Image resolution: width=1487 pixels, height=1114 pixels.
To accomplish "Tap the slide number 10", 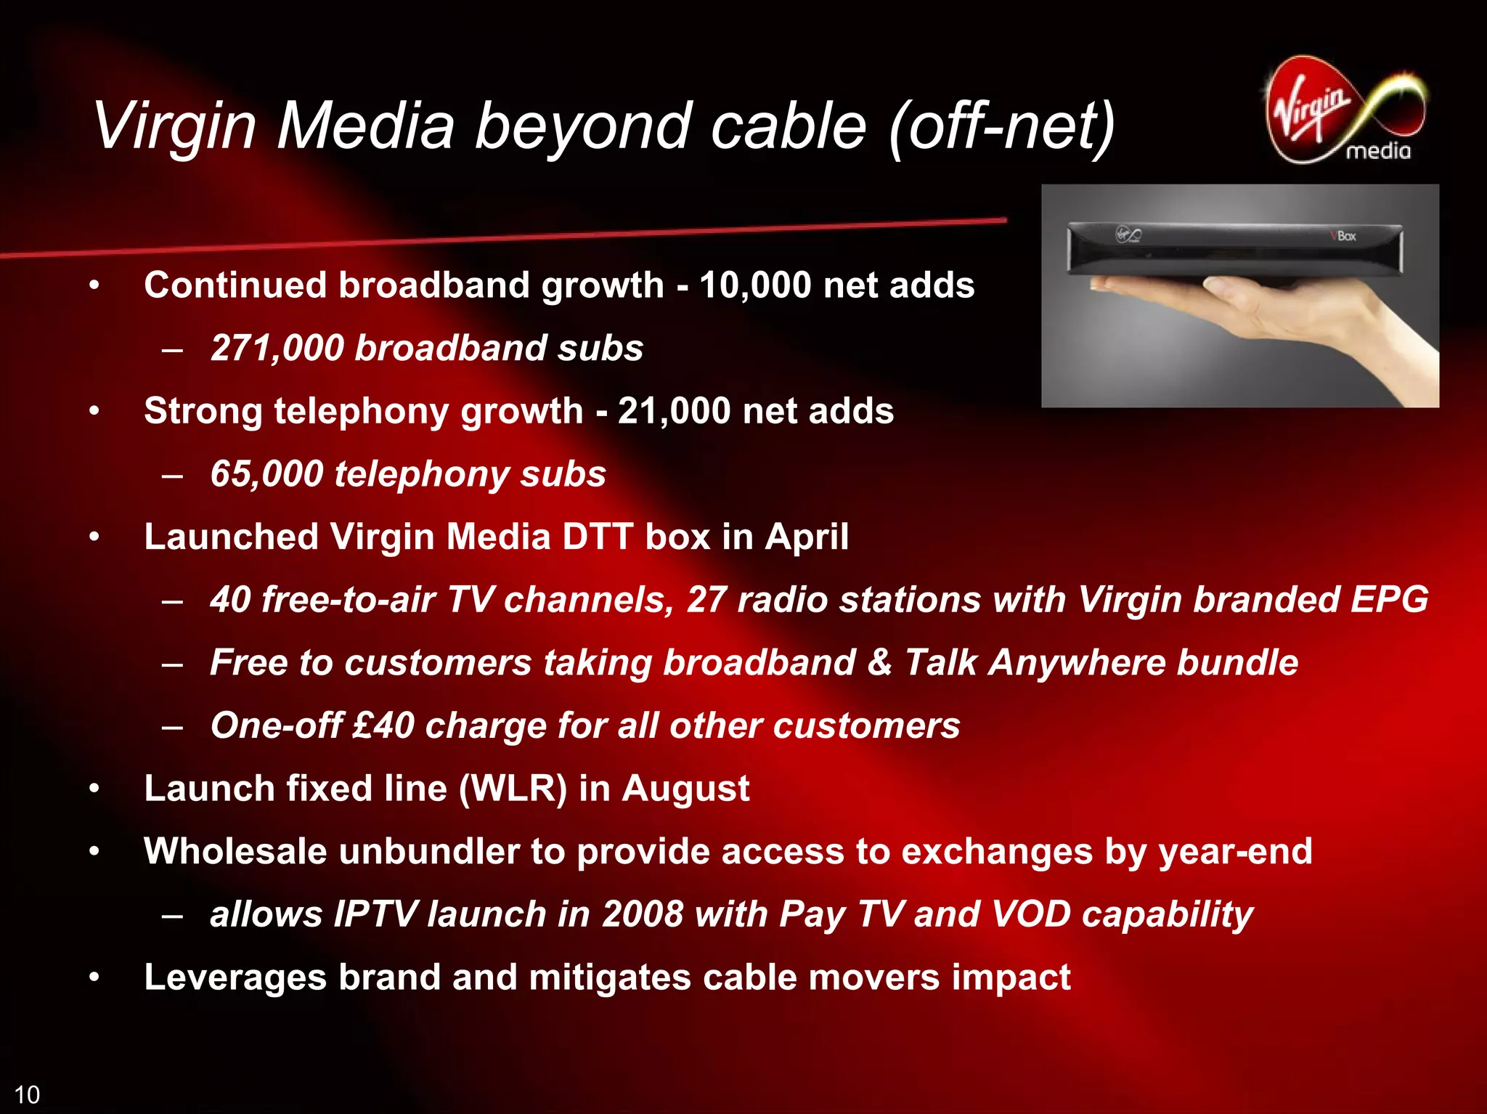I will [x=27, y=1094].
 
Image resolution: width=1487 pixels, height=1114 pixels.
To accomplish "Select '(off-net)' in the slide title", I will [x=1002, y=126].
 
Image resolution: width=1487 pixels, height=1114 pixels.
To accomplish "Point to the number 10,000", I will [x=755, y=285].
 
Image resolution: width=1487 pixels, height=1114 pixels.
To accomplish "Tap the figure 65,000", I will [x=266, y=474].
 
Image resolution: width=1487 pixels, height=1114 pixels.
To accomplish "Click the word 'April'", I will [x=806, y=537].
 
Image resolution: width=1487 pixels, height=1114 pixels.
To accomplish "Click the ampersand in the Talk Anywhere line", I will [x=879, y=662].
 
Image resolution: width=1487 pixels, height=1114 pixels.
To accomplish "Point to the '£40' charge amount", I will [x=383, y=725].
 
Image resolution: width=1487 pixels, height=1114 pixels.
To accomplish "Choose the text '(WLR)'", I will [x=513, y=789].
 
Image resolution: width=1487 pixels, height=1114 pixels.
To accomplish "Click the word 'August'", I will [x=685, y=789].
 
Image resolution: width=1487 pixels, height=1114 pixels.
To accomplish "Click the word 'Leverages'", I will [x=235, y=977].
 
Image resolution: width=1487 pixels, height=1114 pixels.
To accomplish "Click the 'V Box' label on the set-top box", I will [x=1343, y=236].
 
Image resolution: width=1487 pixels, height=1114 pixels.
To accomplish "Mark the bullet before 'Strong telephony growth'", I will [x=94, y=412].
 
